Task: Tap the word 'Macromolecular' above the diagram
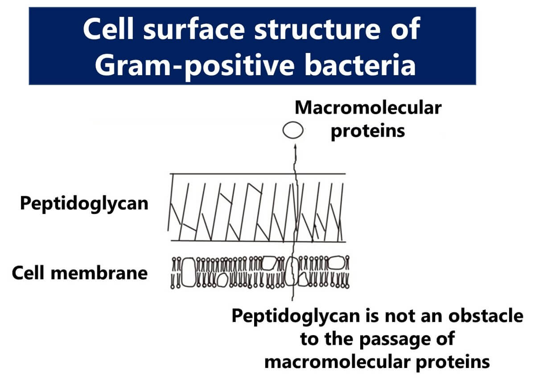click(x=368, y=107)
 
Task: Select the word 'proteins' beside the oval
click(x=368, y=131)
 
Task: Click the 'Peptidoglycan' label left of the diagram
click(x=84, y=204)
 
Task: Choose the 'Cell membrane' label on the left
click(x=79, y=273)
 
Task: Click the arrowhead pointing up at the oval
click(x=294, y=146)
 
